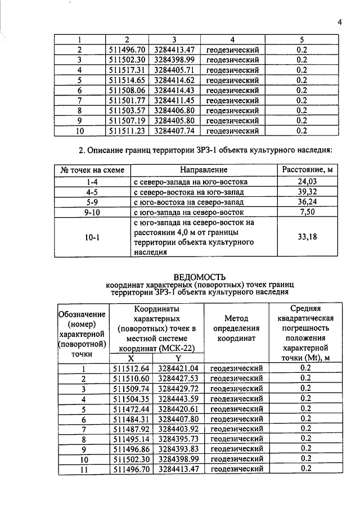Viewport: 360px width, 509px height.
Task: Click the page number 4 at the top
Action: pos(340,22)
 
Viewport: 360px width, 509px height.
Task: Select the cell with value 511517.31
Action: pos(127,70)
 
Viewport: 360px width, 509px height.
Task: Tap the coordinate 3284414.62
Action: pos(174,80)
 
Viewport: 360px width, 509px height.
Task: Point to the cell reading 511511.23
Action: pos(127,131)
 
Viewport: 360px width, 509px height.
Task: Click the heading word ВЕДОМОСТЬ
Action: pos(200,277)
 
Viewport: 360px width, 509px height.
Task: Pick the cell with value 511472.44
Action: pos(130,408)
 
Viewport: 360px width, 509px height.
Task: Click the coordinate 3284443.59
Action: pos(178,398)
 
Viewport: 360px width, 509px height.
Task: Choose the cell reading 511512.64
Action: pos(130,368)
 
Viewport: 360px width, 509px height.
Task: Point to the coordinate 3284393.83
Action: pos(178,448)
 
